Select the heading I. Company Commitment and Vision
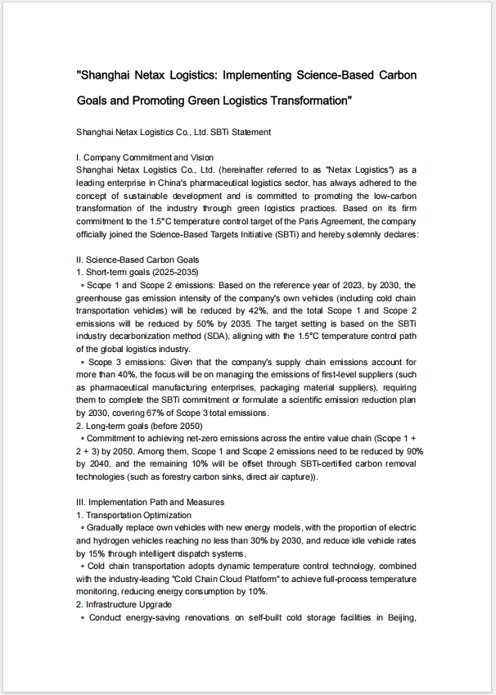[x=144, y=157]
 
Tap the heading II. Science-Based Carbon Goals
[x=137, y=259]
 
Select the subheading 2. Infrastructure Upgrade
[x=124, y=604]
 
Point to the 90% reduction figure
[x=414, y=451]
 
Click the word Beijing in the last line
[x=399, y=617]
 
